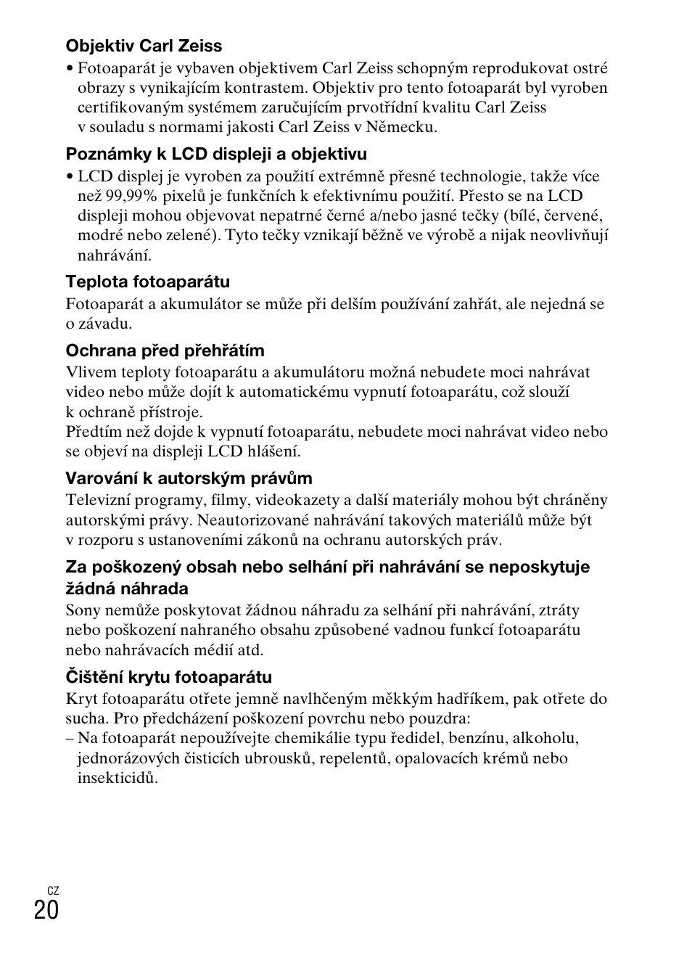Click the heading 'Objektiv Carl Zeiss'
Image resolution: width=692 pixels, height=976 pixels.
(144, 46)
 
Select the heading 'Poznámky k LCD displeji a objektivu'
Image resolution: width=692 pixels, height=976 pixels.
(216, 154)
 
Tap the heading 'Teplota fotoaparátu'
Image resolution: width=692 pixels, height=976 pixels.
(147, 282)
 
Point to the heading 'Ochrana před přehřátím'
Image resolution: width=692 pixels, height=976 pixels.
(165, 350)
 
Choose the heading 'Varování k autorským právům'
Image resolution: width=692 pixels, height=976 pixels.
(189, 478)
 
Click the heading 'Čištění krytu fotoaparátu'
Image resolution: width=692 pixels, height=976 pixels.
(168, 677)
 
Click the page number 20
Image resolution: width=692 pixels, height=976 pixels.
(46, 910)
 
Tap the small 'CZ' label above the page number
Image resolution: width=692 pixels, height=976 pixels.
(53, 890)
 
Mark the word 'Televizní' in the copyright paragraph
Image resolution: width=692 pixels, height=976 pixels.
(96, 500)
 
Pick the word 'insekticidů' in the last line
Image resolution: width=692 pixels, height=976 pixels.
(117, 778)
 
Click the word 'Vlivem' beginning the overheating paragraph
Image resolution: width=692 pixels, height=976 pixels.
(89, 372)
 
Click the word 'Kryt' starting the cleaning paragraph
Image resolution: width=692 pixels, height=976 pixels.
(81, 700)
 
